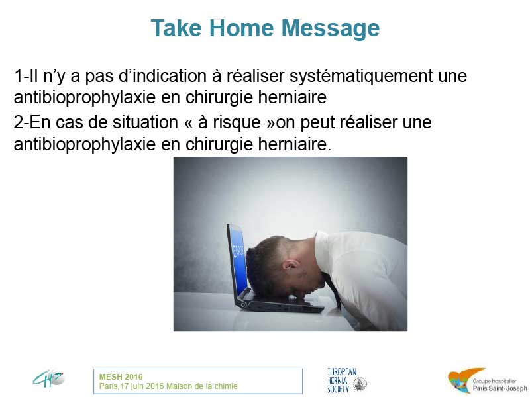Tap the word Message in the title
pos(331,29)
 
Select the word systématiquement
pos(361,77)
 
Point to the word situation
pos(145,122)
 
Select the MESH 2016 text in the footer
pos(121,377)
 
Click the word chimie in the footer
pos(227,386)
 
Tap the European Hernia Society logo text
pos(342,380)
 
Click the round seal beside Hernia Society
pos(360,384)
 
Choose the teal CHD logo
pos(48,378)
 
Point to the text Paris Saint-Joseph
pos(500,388)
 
